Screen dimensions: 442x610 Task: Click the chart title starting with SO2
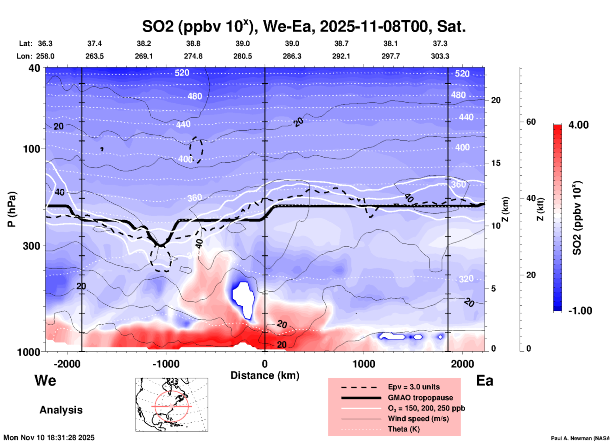click(304, 26)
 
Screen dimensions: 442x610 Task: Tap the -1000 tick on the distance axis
click(166, 364)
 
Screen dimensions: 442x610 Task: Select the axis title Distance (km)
click(265, 375)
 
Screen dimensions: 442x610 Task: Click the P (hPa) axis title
click(12, 209)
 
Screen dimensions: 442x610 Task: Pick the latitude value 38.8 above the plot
click(193, 43)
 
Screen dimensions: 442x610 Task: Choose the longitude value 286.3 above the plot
click(292, 56)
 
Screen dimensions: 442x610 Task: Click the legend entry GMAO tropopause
click(420, 398)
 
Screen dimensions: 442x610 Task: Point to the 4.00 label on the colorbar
click(578, 125)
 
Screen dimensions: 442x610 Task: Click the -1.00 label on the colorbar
click(580, 310)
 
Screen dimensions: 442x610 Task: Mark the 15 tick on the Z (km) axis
click(496, 163)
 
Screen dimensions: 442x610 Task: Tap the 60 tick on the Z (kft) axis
click(531, 122)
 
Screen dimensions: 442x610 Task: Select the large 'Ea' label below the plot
click(485, 380)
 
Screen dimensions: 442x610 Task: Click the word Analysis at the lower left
click(61, 410)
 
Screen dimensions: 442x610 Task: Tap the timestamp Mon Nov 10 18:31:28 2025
click(49, 438)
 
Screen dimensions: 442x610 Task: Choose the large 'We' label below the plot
click(45, 380)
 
